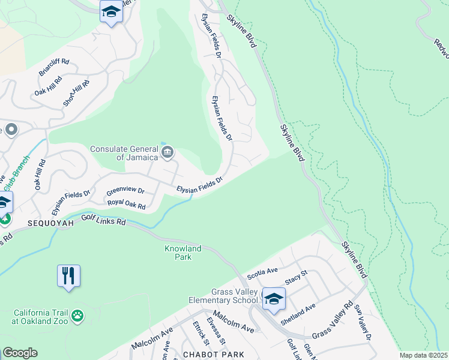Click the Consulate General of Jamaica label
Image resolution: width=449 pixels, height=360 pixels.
coord(124,153)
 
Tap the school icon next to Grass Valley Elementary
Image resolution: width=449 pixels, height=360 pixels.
coord(274,299)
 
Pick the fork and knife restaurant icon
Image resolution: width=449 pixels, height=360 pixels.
coord(69,276)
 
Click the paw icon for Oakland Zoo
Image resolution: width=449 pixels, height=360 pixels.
coord(77,315)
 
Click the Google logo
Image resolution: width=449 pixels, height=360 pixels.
coord(20,353)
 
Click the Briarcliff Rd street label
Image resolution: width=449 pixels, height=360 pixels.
coord(54,68)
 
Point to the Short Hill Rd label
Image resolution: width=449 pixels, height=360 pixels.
coord(76,93)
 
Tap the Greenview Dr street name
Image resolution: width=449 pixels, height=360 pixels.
coord(125,191)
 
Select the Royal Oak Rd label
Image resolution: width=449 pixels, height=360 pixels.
coord(127,204)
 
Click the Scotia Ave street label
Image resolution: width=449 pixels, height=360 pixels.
coord(262,274)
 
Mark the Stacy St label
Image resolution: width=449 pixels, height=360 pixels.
coord(296,277)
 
